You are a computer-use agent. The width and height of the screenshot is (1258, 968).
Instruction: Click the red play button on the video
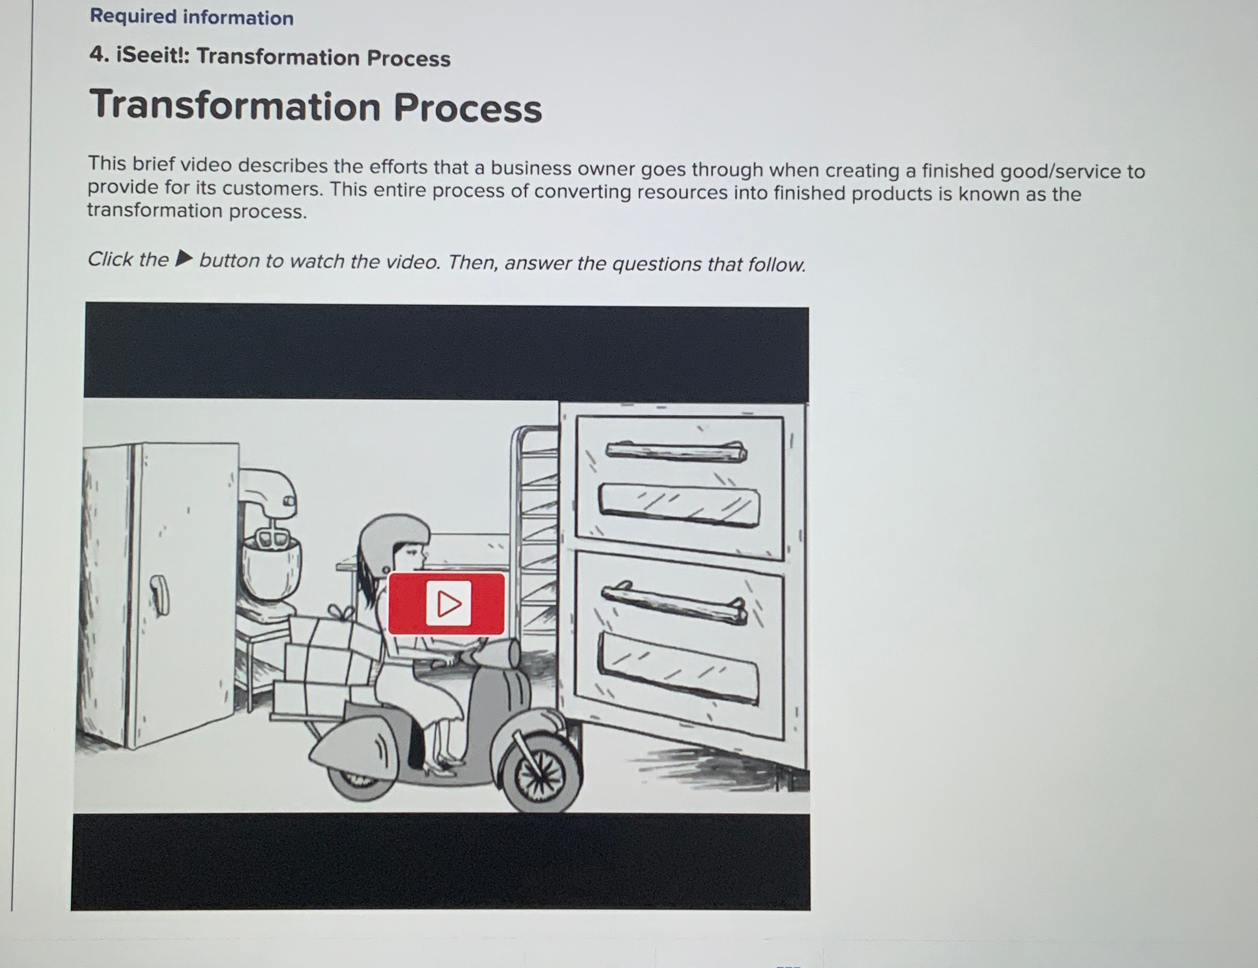[446, 603]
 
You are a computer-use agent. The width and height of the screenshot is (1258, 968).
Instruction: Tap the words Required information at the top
[192, 17]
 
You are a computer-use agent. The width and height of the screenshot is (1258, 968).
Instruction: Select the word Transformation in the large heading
[235, 106]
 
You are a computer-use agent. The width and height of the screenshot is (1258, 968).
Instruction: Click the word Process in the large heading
[468, 109]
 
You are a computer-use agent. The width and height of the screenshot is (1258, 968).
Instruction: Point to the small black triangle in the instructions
[184, 259]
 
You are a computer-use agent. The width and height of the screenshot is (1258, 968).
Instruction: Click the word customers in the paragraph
[272, 189]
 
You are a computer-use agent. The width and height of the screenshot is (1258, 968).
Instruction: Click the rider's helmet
[393, 534]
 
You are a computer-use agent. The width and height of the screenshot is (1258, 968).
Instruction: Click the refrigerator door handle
[159, 594]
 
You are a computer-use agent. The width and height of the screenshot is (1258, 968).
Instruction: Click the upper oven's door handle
[676, 451]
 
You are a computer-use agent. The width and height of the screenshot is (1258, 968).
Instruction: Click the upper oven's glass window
[679, 506]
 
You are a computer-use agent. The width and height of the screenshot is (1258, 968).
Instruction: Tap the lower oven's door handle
[675, 602]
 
